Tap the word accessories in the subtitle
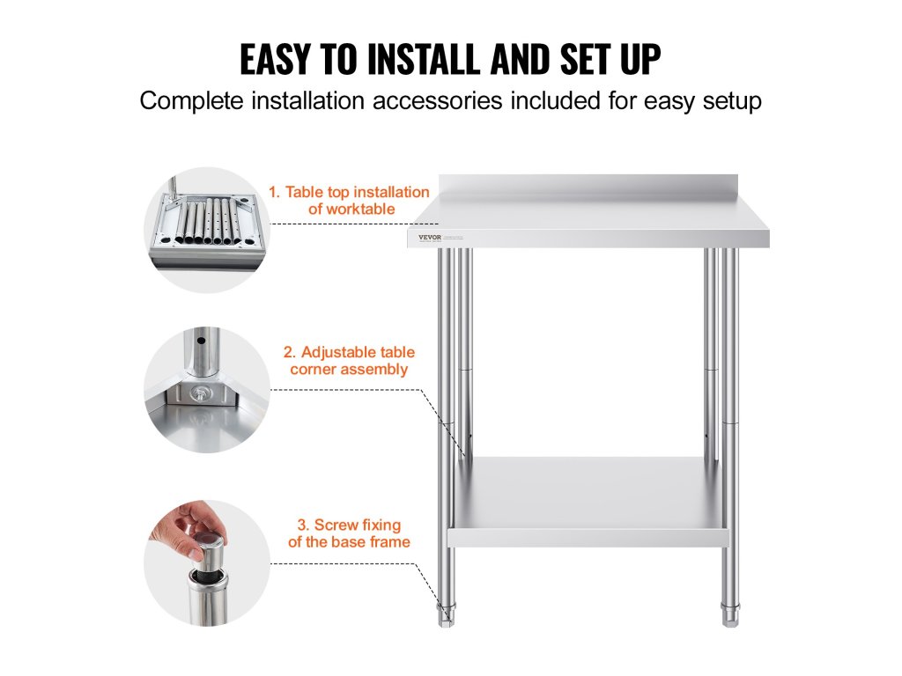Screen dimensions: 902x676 click(437, 100)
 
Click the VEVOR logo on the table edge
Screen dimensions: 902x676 click(430, 237)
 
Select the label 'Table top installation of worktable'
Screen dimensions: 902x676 click(349, 200)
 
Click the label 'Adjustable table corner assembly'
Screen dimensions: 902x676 click(349, 360)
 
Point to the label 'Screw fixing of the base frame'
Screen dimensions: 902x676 click(349, 533)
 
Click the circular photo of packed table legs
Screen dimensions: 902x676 click(207, 230)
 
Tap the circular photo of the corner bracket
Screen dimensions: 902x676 click(207, 390)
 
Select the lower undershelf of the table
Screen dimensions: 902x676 click(588, 502)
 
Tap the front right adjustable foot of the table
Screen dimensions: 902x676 click(730, 614)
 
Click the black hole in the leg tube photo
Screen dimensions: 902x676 click(201, 341)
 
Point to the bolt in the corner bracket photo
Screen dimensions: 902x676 click(200, 393)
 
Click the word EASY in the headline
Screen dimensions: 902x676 click(275, 59)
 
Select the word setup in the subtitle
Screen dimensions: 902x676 click(732, 102)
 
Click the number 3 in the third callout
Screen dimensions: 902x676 click(302, 525)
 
